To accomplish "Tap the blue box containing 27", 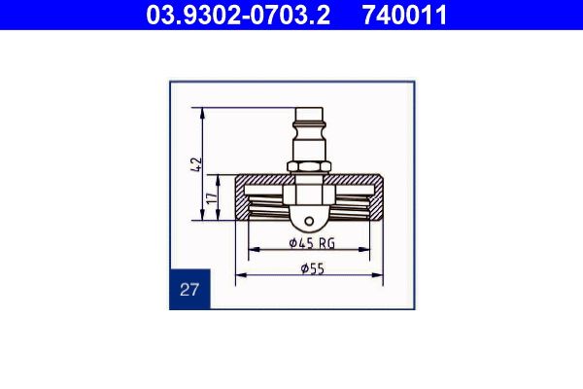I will pyautogui.click(x=189, y=289).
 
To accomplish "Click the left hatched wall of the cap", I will pyautogui.click(x=243, y=199).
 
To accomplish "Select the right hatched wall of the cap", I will pyautogui.click(x=376, y=199).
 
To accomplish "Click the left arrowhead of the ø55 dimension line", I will pyautogui.click(x=239, y=274).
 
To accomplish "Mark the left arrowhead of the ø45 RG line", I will pyautogui.click(x=253, y=250).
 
